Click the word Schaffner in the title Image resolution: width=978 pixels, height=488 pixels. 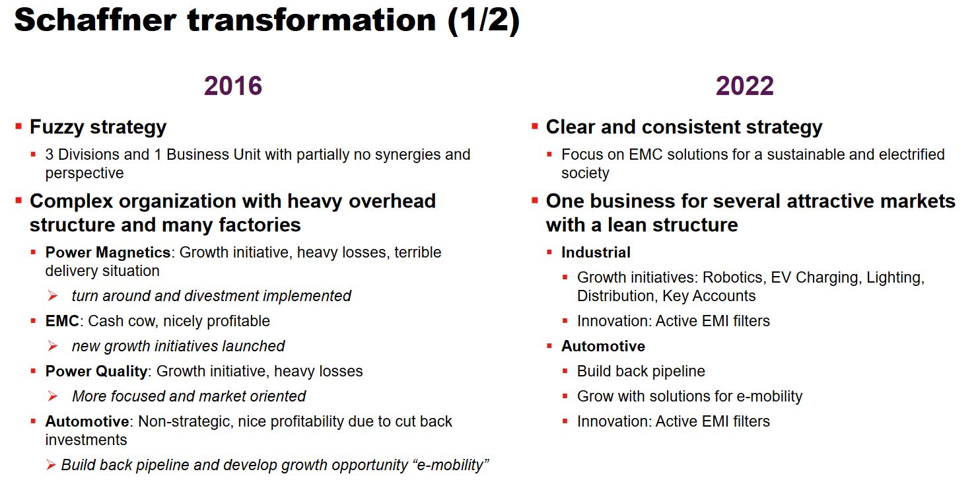(95, 20)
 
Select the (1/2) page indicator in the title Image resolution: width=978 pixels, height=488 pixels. (483, 20)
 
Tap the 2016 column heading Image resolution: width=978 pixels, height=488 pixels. (233, 86)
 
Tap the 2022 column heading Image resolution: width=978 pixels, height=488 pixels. (744, 86)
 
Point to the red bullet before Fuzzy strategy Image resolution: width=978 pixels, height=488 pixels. (18, 127)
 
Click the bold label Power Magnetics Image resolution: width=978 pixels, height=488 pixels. (108, 252)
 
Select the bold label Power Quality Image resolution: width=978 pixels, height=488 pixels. (96, 372)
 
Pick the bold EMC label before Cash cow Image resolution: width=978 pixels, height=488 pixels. (62, 321)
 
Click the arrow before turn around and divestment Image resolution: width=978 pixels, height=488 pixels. (53, 296)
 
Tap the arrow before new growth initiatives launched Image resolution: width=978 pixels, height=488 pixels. (53, 346)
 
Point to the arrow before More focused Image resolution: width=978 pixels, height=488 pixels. (53, 396)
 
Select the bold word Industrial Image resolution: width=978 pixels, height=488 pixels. (596, 252)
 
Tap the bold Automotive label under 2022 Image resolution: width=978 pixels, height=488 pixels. (603, 346)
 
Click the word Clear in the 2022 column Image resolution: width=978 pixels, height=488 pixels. (571, 127)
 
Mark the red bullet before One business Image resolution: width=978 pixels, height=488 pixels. (534, 201)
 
